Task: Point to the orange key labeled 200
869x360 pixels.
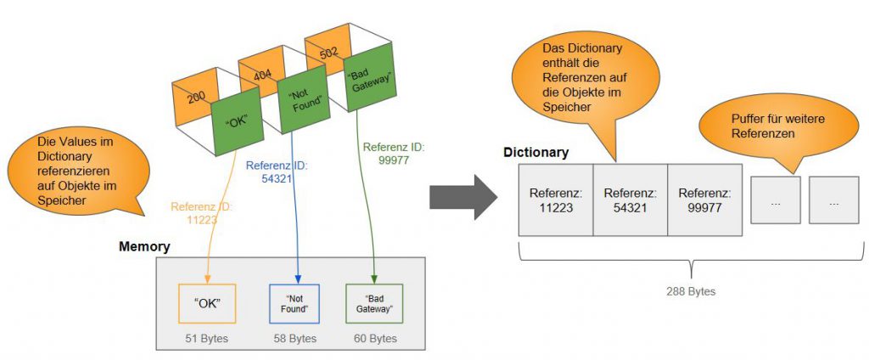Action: point(195,98)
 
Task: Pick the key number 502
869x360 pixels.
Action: point(327,53)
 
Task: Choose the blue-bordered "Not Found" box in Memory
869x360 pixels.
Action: point(294,303)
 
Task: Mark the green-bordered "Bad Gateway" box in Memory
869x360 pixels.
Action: point(373,303)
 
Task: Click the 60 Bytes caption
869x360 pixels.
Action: point(373,338)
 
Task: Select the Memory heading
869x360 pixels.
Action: point(144,247)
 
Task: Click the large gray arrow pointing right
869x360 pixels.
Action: point(462,196)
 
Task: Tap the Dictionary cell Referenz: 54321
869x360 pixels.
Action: point(630,200)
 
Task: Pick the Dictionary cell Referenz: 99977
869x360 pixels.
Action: point(704,200)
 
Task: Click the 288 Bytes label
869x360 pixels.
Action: point(691,291)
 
